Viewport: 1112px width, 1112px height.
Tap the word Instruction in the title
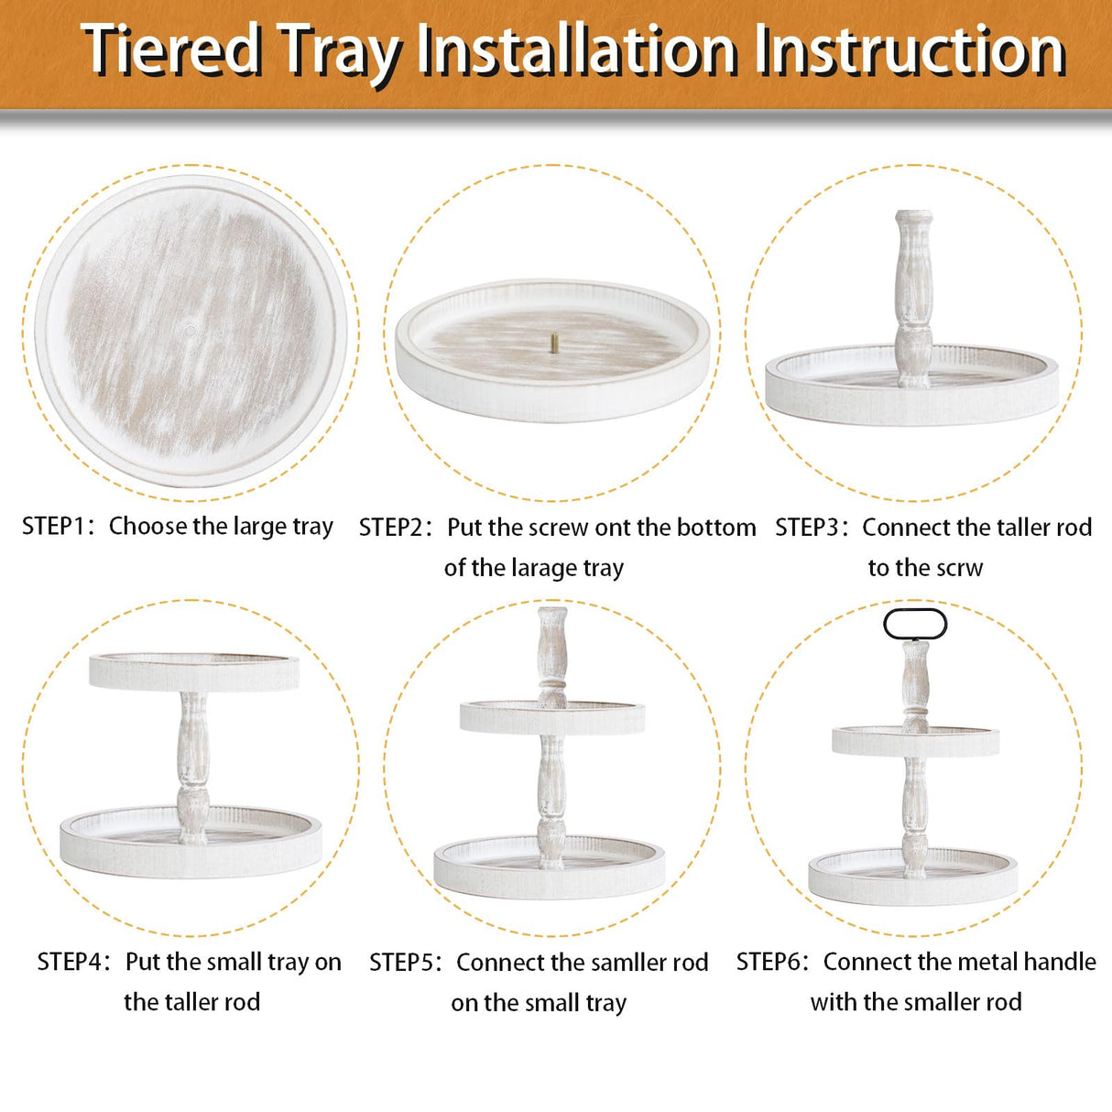pyautogui.click(x=910, y=49)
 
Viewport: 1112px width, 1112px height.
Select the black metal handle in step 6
pyautogui.click(x=915, y=625)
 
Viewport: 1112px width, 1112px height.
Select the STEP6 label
pyautogui.click(x=772, y=962)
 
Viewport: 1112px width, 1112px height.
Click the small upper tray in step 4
pyautogui.click(x=194, y=672)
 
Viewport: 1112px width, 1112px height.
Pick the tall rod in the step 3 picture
pyautogui.click(x=914, y=293)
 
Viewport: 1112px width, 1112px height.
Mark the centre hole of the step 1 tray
pyautogui.click(x=190, y=325)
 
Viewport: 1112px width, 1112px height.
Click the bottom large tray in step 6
pyautogui.click(x=913, y=879)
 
